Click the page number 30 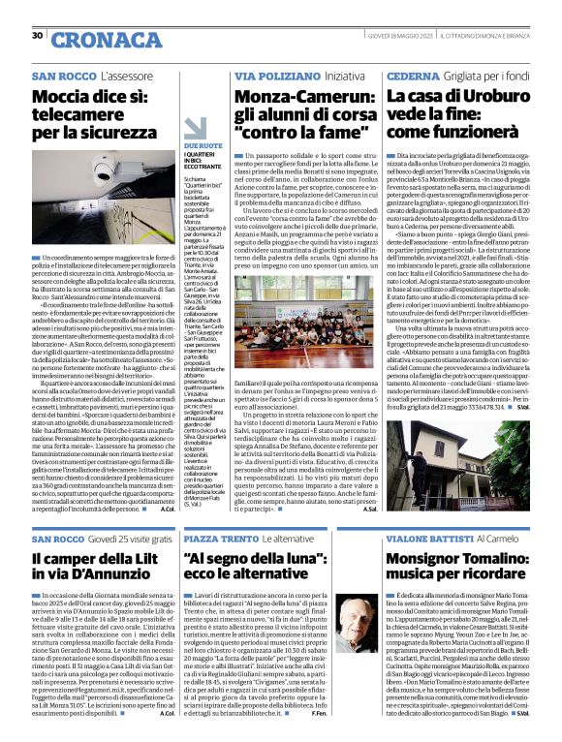[x=38, y=35]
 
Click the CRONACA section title [x=95, y=39]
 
